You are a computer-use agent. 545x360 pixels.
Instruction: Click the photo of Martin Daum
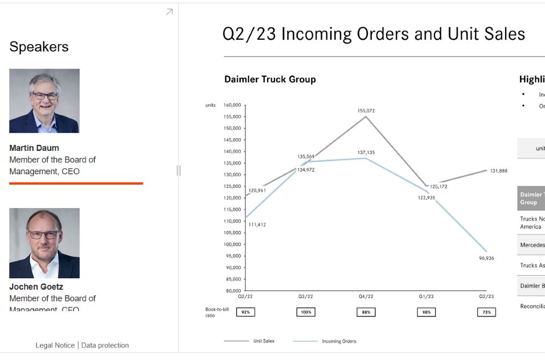tap(44, 101)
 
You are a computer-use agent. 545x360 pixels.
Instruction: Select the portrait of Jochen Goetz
tap(44, 243)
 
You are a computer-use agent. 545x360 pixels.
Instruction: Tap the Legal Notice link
tap(55, 345)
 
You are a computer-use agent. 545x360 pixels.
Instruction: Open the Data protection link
tap(105, 345)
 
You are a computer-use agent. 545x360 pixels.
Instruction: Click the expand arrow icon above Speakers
tap(169, 11)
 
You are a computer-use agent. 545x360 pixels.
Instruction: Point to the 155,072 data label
tap(366, 111)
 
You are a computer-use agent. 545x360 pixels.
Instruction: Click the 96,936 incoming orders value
tap(486, 258)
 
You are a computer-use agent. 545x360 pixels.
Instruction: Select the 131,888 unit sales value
tap(499, 170)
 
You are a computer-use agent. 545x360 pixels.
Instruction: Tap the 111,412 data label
tap(257, 224)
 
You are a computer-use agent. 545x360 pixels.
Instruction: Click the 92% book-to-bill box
tap(246, 312)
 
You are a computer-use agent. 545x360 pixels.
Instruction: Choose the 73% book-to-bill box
tap(487, 312)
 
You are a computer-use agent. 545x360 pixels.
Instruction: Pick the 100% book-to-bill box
tap(306, 312)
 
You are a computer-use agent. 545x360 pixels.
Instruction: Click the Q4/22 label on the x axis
tap(366, 297)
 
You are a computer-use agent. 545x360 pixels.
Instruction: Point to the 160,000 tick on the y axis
tap(232, 105)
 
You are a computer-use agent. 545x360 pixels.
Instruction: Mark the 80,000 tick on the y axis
tap(234, 291)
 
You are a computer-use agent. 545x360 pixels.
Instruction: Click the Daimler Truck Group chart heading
tap(270, 80)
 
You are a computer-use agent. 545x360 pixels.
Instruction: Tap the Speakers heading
tap(39, 47)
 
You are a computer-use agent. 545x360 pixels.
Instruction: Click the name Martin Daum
tap(34, 148)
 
